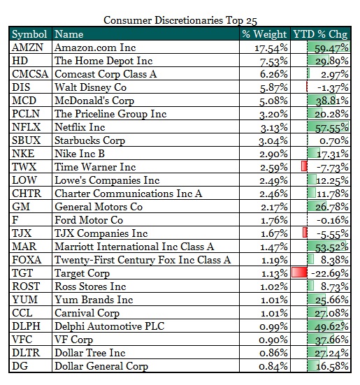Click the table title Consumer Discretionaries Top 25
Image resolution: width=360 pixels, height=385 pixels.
click(180, 20)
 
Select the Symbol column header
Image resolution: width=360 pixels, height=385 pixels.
click(29, 34)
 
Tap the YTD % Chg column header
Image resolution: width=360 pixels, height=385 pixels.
click(320, 34)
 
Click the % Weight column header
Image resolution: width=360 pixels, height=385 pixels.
click(264, 34)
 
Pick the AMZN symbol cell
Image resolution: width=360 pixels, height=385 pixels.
click(27, 48)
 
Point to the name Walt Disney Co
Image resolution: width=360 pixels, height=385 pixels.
click(90, 87)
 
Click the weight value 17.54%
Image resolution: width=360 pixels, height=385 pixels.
click(271, 48)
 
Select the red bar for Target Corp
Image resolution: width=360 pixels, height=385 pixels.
click(299, 273)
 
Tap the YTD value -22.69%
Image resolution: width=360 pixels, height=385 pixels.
click(330, 273)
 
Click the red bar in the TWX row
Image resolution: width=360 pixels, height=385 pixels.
click(304, 166)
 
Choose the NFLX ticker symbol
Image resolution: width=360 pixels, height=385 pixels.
click(27, 127)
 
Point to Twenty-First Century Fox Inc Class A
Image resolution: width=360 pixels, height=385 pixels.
click(143, 260)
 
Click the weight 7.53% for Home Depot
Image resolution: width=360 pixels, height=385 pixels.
click(273, 61)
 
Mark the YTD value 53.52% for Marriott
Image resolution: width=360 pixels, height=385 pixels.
click(332, 247)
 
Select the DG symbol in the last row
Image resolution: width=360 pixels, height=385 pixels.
click(20, 366)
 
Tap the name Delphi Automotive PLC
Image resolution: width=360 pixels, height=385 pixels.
click(110, 326)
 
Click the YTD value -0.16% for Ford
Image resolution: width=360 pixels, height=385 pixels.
click(333, 220)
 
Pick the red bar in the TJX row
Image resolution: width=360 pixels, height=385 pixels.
click(305, 232)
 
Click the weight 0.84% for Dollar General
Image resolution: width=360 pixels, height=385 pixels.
click(273, 367)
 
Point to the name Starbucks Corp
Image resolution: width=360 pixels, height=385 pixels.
click(89, 140)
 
